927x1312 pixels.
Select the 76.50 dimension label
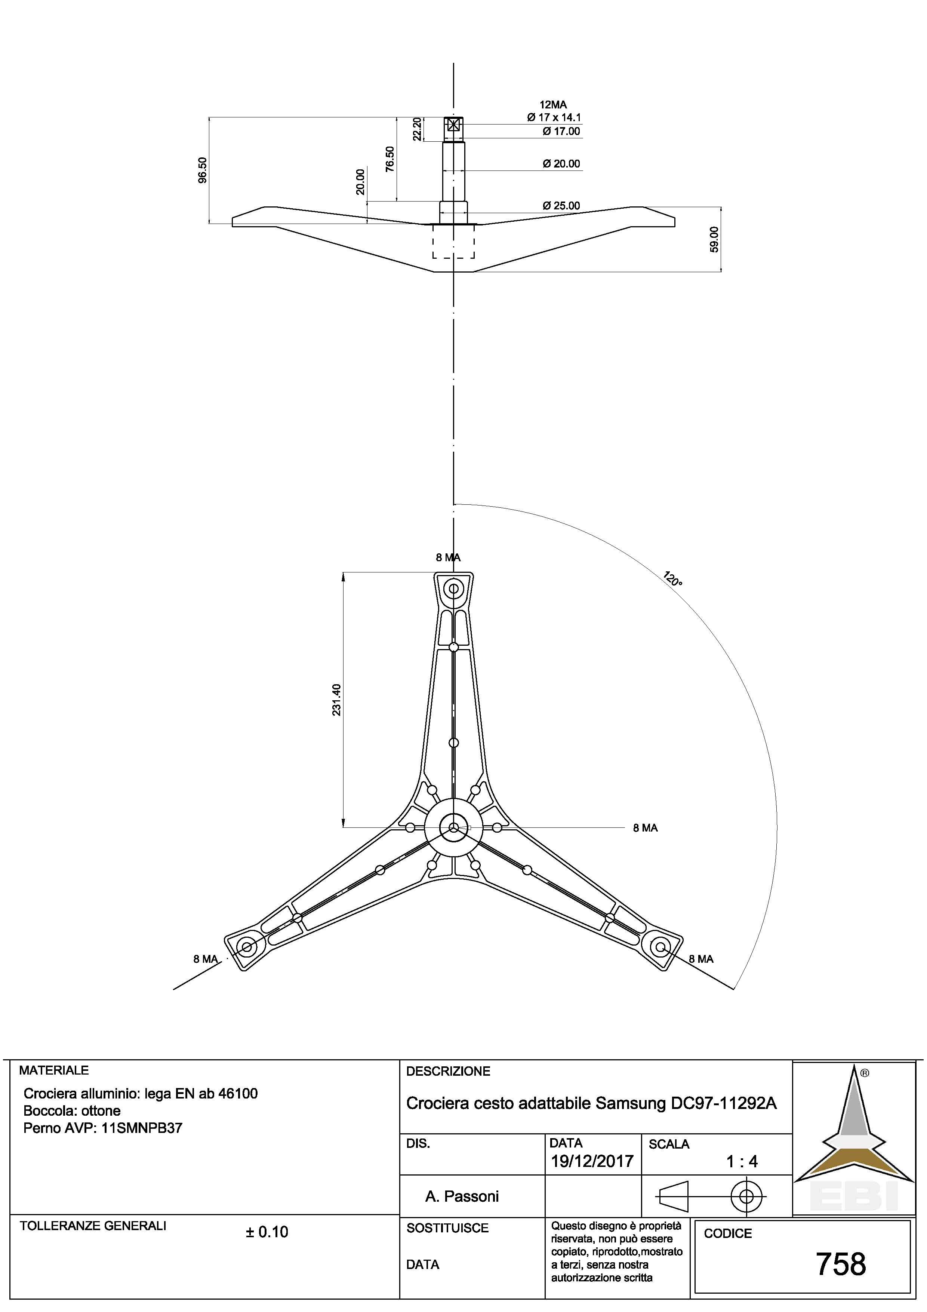click(389, 159)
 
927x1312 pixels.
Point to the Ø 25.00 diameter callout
click(561, 206)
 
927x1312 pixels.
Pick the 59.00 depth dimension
click(714, 240)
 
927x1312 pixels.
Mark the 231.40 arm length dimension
click(336, 700)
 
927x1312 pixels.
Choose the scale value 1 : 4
click(741, 1161)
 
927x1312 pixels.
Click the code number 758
click(841, 1264)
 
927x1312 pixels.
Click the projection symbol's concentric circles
click(746, 1195)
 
